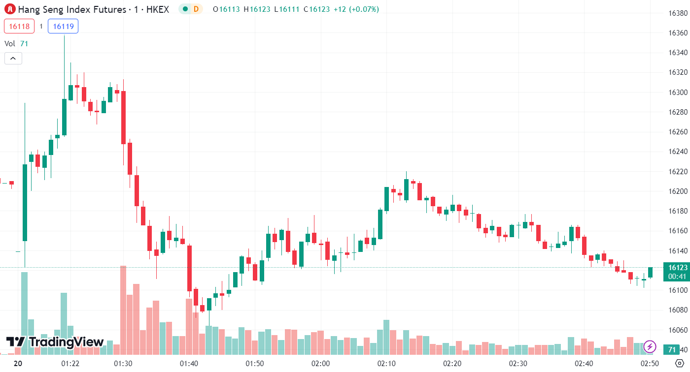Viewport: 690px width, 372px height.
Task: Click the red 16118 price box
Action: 19,27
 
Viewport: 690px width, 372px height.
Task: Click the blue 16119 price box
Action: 63,27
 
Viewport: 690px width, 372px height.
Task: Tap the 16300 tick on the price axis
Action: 678,92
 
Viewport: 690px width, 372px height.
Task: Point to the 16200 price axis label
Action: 678,191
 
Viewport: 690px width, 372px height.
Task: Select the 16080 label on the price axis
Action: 678,310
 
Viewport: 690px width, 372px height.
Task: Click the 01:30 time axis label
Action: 123,364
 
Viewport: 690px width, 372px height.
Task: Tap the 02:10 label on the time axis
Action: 386,364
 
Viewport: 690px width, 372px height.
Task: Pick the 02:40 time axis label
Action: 584,364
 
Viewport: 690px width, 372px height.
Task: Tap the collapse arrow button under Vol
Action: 13,59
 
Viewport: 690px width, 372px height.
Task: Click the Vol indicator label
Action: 10,44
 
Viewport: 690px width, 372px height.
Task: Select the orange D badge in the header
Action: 196,9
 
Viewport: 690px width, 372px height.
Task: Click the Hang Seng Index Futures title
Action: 72,9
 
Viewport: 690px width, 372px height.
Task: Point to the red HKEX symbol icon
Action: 10,9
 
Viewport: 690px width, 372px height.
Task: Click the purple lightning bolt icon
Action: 650,346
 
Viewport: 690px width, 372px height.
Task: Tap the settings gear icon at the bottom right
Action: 678,364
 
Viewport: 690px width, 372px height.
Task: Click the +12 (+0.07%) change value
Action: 358,9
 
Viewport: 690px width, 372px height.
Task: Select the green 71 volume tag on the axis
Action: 671,350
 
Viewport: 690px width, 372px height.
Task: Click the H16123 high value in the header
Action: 258,9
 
